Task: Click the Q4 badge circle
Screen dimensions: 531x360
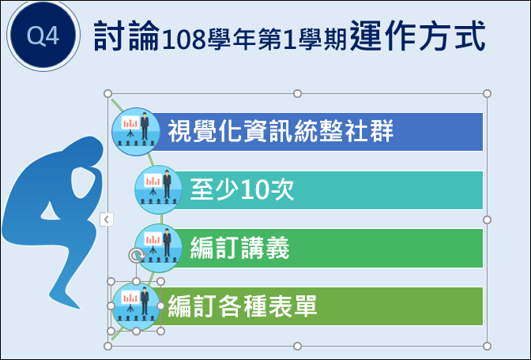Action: (x=43, y=36)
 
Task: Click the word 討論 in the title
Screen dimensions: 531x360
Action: (x=126, y=36)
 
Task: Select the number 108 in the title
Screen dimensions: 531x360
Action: (x=184, y=39)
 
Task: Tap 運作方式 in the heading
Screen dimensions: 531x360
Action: (x=417, y=36)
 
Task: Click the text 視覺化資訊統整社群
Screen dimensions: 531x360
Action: (x=281, y=131)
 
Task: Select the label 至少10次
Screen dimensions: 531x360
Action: (x=242, y=189)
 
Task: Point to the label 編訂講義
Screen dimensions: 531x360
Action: (x=239, y=248)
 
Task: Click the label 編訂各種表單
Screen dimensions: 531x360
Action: (x=243, y=306)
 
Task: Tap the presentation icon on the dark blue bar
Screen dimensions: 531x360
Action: (x=136, y=132)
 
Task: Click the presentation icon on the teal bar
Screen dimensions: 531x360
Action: (x=159, y=189)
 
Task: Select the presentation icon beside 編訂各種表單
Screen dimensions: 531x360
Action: (x=136, y=306)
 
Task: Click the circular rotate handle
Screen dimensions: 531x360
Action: (x=136, y=256)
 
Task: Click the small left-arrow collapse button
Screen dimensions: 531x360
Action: (x=107, y=219)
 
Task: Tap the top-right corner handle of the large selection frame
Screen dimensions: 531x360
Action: (x=487, y=94)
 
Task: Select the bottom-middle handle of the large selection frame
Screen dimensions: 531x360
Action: (x=297, y=346)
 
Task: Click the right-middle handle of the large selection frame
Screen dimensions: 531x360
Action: (x=487, y=220)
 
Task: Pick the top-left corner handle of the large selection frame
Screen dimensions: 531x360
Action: (x=107, y=93)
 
